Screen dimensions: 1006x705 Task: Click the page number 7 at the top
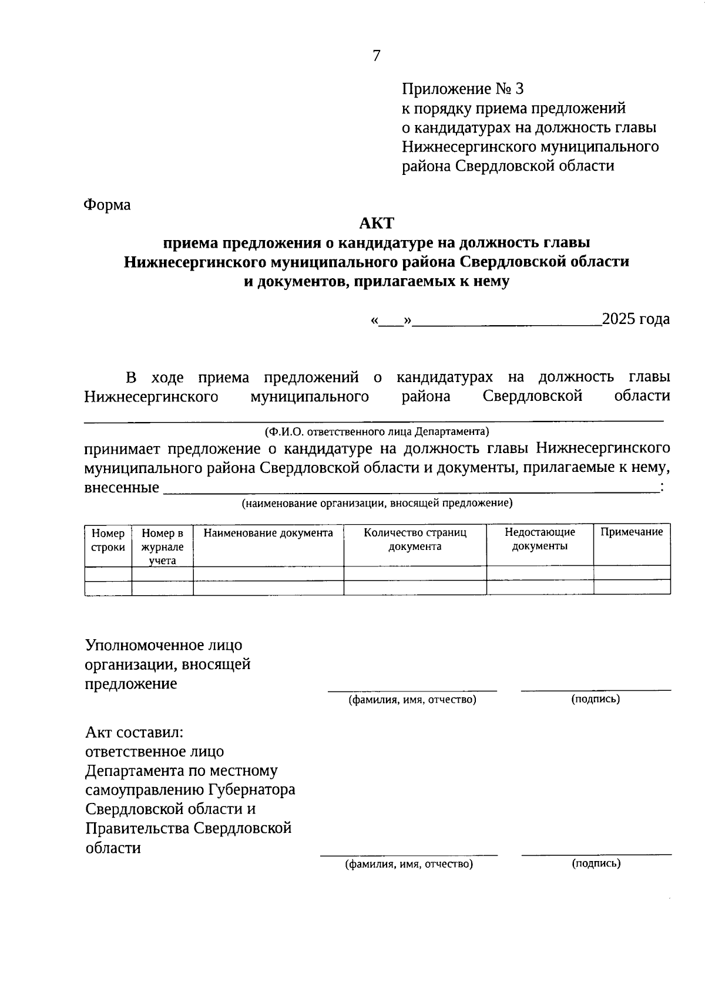pyautogui.click(x=377, y=56)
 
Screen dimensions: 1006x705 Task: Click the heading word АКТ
pyautogui.click(x=377, y=223)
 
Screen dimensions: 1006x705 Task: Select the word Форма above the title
pyautogui.click(x=107, y=205)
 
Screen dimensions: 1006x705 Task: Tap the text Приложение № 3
pyautogui.click(x=462, y=89)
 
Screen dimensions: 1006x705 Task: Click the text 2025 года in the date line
pyautogui.click(x=636, y=319)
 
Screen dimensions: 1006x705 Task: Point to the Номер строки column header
pyautogui.click(x=108, y=540)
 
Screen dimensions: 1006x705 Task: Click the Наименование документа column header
pyautogui.click(x=268, y=533)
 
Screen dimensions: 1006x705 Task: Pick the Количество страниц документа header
pyautogui.click(x=415, y=539)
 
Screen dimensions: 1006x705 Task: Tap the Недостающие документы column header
pyautogui.click(x=539, y=539)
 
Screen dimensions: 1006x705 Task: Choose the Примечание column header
pyautogui.click(x=632, y=532)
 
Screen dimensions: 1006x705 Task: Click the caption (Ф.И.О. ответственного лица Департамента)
pyautogui.click(x=377, y=432)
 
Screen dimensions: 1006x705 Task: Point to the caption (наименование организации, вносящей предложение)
pyautogui.click(x=377, y=503)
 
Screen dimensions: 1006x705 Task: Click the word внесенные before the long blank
pyautogui.click(x=122, y=488)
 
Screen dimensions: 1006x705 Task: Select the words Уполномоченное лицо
pyautogui.click(x=163, y=645)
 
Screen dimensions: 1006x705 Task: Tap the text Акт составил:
pyautogui.click(x=135, y=732)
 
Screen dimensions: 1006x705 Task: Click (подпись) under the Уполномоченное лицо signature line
pyautogui.click(x=596, y=699)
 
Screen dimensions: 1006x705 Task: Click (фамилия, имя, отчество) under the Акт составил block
pyautogui.click(x=409, y=864)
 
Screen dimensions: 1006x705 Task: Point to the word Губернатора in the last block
pyautogui.click(x=254, y=790)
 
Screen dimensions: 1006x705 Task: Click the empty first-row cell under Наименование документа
pyautogui.click(x=268, y=573)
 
